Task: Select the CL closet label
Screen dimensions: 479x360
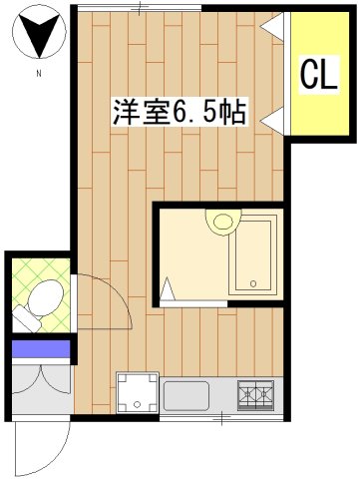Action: pos(317,74)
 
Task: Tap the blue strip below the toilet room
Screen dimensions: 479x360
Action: pos(41,348)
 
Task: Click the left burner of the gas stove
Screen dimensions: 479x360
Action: pos(248,395)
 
